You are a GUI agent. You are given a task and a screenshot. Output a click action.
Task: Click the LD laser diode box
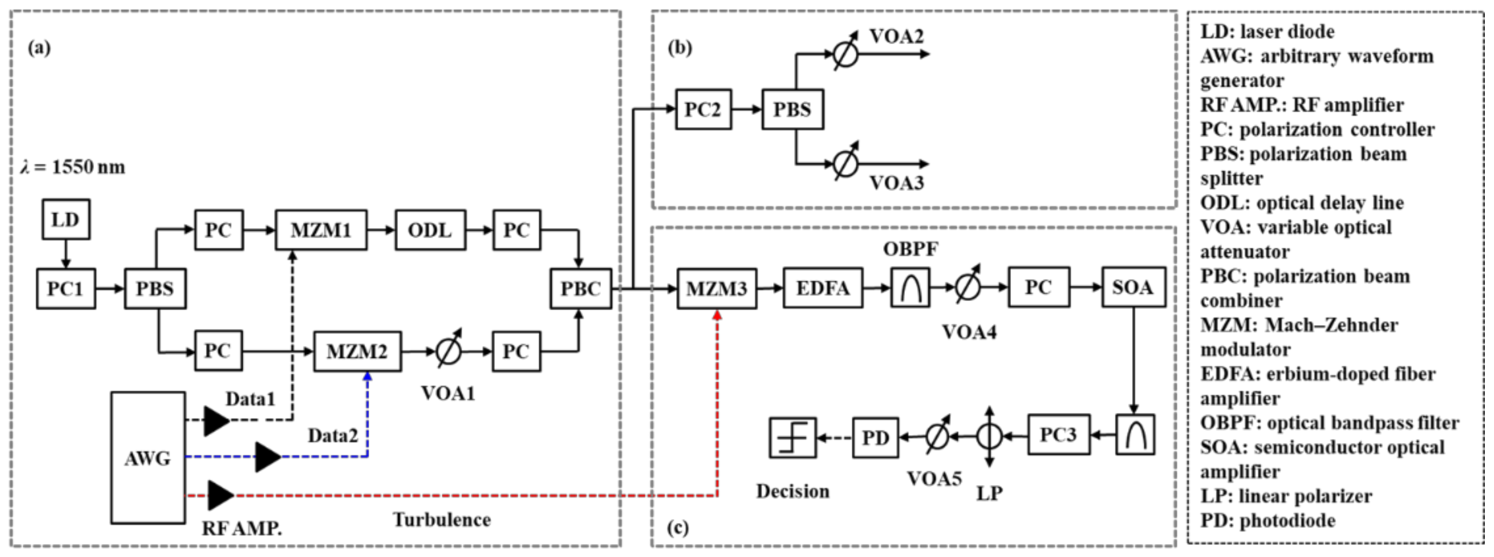click(x=66, y=219)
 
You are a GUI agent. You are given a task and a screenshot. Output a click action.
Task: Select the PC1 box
click(x=66, y=289)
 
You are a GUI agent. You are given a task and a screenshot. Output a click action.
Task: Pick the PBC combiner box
click(x=580, y=289)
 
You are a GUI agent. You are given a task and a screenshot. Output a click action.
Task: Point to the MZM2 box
click(x=357, y=351)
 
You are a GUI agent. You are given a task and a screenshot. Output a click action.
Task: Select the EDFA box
click(x=822, y=288)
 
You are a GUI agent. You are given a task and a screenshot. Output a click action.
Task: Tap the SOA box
click(x=1133, y=287)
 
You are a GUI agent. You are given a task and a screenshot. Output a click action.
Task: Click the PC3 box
click(x=1059, y=435)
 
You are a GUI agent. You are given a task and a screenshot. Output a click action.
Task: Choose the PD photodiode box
click(x=875, y=437)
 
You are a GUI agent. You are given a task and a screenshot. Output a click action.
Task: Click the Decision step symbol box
click(x=792, y=438)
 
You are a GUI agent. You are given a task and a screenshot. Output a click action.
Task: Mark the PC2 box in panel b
click(x=703, y=109)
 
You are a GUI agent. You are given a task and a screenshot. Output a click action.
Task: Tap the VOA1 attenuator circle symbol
click(x=448, y=351)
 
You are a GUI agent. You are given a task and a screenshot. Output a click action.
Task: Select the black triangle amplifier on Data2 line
click(x=267, y=457)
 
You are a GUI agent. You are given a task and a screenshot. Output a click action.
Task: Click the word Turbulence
click(x=442, y=519)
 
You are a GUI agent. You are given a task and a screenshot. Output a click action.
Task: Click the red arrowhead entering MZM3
click(x=717, y=315)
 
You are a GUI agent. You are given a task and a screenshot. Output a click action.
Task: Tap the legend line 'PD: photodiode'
click(x=1267, y=521)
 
